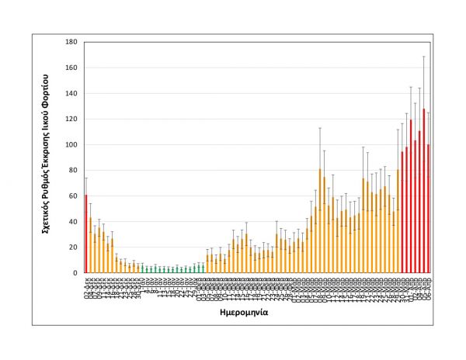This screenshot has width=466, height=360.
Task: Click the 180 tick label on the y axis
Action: (71, 42)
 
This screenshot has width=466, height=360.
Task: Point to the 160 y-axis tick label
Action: (71, 67)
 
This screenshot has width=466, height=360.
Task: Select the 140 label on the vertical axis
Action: (71, 93)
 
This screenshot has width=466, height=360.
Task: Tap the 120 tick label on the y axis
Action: (71, 119)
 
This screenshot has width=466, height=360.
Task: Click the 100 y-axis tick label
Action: (71, 144)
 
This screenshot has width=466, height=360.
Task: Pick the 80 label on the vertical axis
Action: (73, 170)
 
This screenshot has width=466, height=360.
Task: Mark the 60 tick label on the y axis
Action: (73, 196)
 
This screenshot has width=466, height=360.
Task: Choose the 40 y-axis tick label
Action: (73, 221)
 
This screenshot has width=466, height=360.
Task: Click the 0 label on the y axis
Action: (75, 272)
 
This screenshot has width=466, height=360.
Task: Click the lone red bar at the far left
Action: (85, 234)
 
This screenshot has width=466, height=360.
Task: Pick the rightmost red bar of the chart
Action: (429, 209)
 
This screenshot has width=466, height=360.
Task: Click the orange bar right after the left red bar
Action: (90, 245)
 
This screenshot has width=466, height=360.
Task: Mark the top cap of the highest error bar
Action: (424, 57)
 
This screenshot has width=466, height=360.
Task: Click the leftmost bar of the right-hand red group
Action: (402, 212)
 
